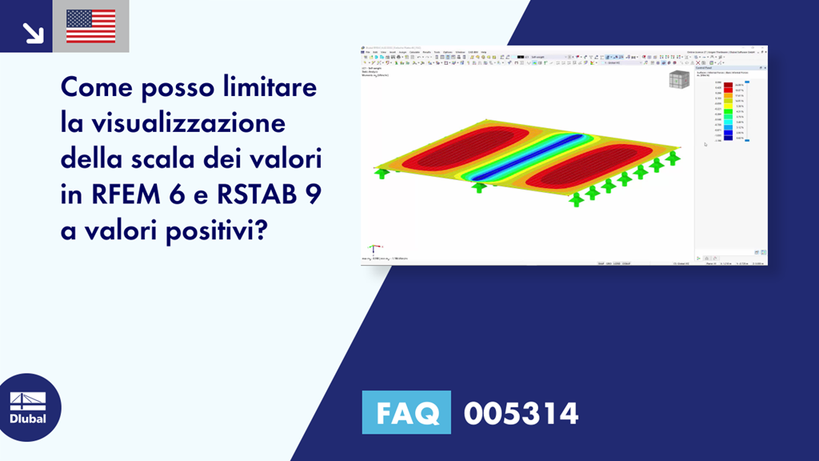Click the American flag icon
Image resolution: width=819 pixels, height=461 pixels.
tap(90, 26)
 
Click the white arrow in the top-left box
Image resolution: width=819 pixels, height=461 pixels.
tap(33, 32)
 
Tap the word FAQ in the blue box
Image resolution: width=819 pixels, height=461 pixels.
tap(406, 414)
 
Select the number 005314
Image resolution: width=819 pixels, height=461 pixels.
tap(521, 414)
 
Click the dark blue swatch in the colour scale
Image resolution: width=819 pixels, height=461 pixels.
tap(728, 133)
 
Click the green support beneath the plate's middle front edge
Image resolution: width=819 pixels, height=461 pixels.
tap(478, 188)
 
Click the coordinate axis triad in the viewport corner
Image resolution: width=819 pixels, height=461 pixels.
tap(373, 249)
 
